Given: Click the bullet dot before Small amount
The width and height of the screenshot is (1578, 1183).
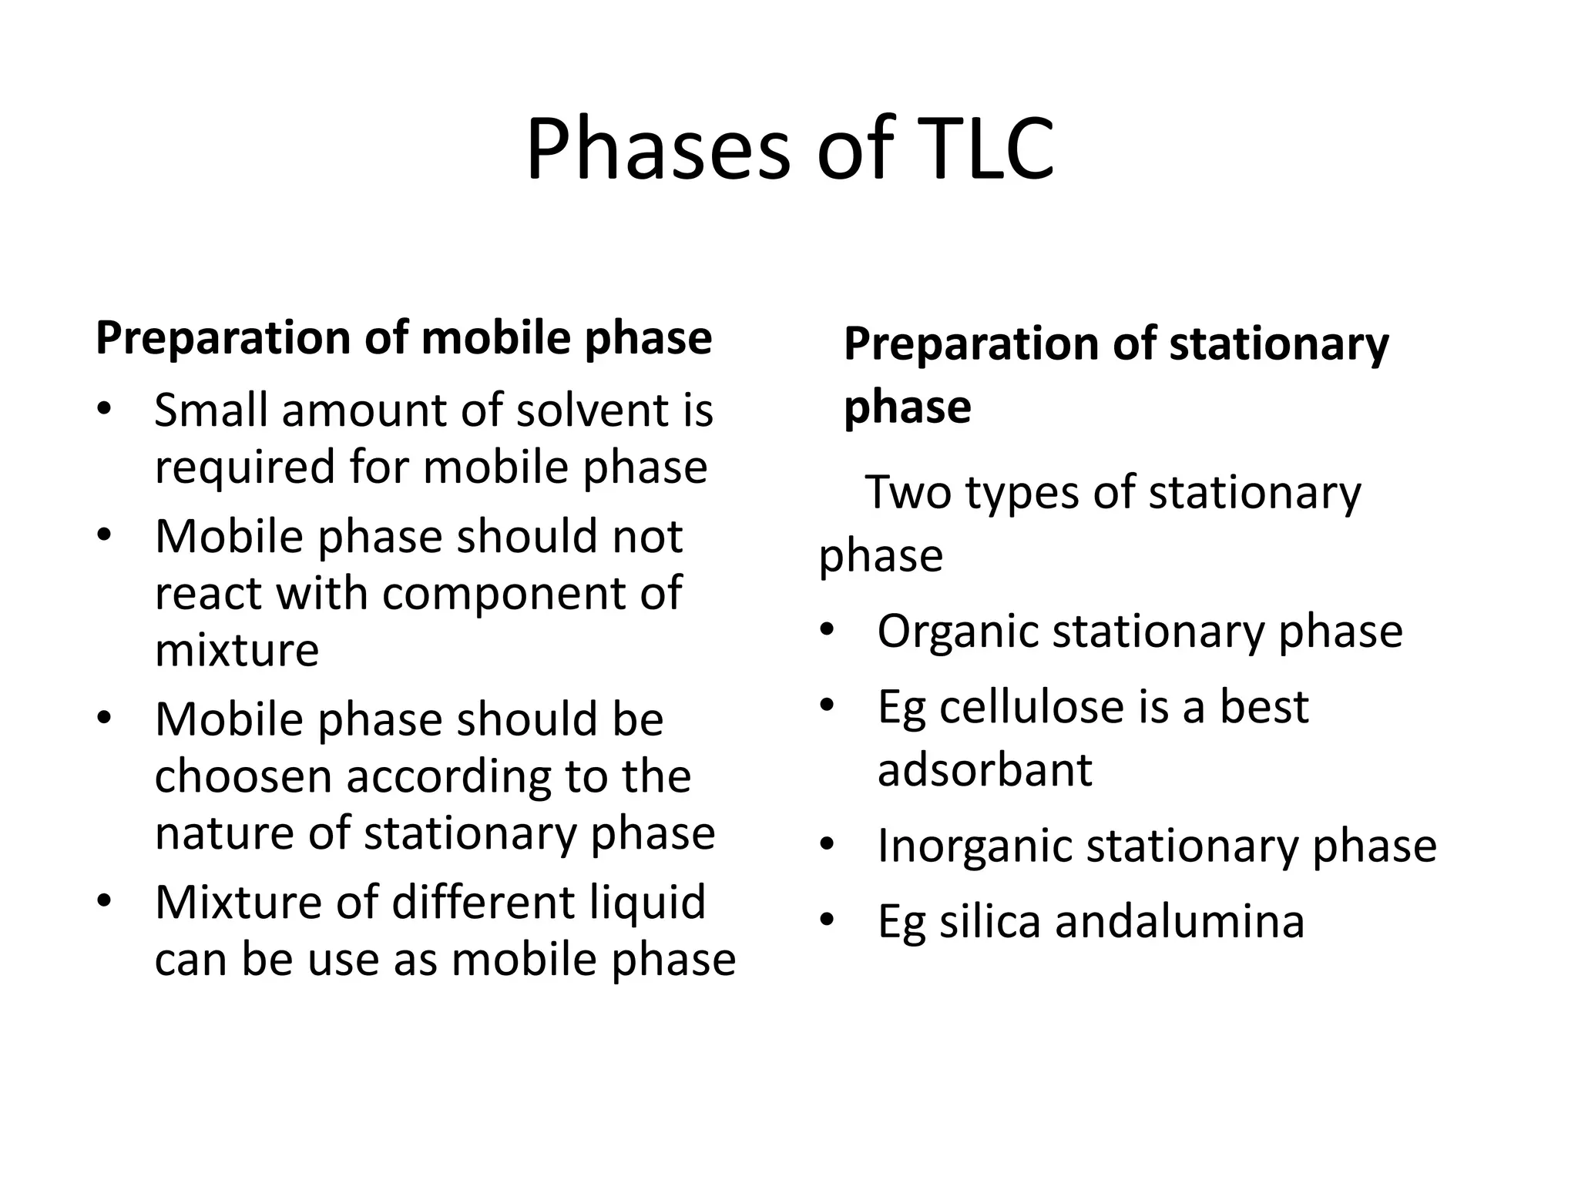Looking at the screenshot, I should click(105, 408).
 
